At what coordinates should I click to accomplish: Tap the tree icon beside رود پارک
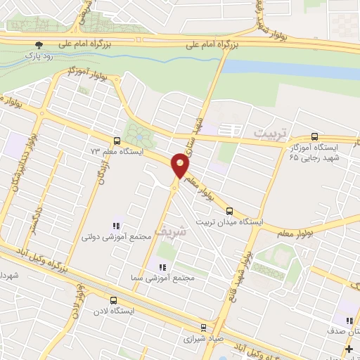click(x=38, y=43)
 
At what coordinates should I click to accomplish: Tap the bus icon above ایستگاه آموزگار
click(x=314, y=137)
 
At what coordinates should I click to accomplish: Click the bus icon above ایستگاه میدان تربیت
click(x=229, y=210)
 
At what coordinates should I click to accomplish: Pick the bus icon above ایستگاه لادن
click(x=94, y=300)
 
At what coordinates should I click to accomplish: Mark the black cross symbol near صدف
click(x=349, y=349)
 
